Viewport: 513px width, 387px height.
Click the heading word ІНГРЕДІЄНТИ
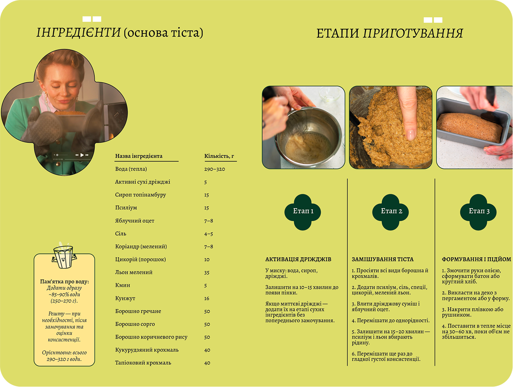[78, 33]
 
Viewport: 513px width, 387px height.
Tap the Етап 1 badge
[303, 212]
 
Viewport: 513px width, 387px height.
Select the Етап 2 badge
[391, 212]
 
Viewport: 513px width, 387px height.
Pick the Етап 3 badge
[479, 212]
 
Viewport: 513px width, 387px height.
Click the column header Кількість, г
[219, 156]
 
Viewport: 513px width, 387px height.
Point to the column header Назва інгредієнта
[139, 156]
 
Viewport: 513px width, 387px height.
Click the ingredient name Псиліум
[126, 208]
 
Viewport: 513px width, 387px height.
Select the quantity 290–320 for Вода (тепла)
[214, 169]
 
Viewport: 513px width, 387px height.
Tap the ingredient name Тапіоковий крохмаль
[143, 363]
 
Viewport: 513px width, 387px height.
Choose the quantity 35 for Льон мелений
[207, 272]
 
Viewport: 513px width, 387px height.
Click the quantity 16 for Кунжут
[207, 299]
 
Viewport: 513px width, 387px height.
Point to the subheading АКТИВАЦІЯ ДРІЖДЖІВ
[298, 259]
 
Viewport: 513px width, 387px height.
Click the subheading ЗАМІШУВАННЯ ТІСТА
[383, 259]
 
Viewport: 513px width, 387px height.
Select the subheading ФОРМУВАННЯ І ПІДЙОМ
[476, 259]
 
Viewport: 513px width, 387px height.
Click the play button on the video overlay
[82, 155]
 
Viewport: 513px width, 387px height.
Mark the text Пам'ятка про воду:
[64, 282]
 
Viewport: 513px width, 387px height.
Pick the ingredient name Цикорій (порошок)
[140, 259]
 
